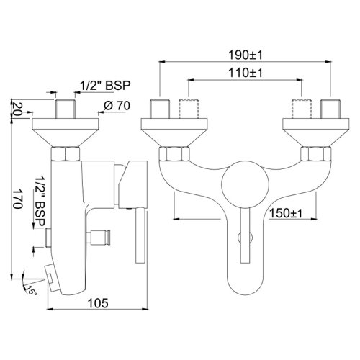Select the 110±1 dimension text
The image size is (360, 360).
click(245, 73)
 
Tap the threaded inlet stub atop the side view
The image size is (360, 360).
click(67, 110)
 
